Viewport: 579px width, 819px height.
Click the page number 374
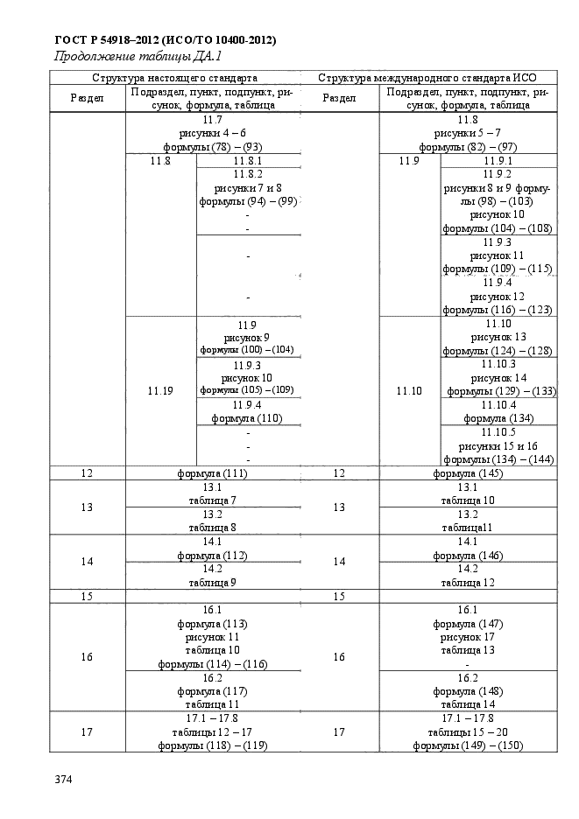click(x=63, y=780)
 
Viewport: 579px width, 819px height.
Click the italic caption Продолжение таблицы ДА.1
click(x=140, y=56)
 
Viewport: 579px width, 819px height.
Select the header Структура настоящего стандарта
click(x=174, y=78)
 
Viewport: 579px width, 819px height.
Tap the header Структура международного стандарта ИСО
click(x=427, y=78)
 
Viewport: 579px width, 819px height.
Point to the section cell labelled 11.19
click(x=160, y=391)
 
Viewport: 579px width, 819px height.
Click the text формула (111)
click(x=212, y=473)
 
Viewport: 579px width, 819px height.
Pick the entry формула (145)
click(x=468, y=473)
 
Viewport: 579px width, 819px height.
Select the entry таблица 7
click(x=212, y=500)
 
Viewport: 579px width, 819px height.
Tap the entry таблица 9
click(x=212, y=583)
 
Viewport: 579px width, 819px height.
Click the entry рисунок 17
click(x=468, y=637)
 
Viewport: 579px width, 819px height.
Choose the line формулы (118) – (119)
click(x=212, y=745)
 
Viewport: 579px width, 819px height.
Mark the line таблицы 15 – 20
click(x=468, y=732)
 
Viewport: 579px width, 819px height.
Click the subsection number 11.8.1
click(x=248, y=161)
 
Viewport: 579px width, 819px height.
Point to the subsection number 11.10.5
click(x=498, y=432)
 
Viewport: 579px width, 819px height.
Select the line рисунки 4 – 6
click(x=212, y=133)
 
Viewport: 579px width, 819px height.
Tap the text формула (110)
click(x=247, y=418)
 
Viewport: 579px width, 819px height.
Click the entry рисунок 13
click(x=498, y=338)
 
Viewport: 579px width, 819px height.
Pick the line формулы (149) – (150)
click(x=468, y=745)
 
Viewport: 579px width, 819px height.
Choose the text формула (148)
click(x=468, y=691)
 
